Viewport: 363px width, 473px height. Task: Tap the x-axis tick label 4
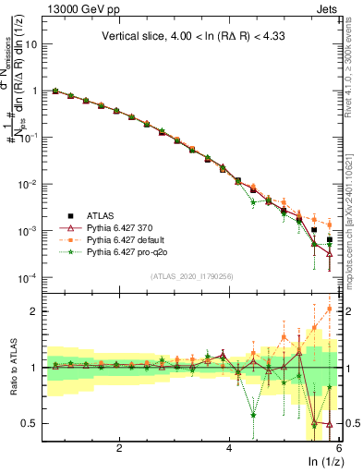(229, 448)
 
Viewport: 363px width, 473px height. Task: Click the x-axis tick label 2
(119, 448)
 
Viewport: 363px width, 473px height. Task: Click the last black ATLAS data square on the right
(329, 240)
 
